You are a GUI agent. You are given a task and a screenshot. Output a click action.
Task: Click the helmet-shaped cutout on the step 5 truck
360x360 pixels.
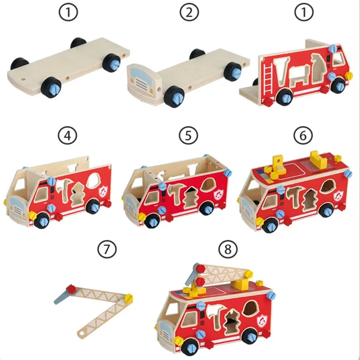point(210,185)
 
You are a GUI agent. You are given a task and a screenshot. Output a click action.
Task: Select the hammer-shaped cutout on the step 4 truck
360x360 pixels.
point(67,189)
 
